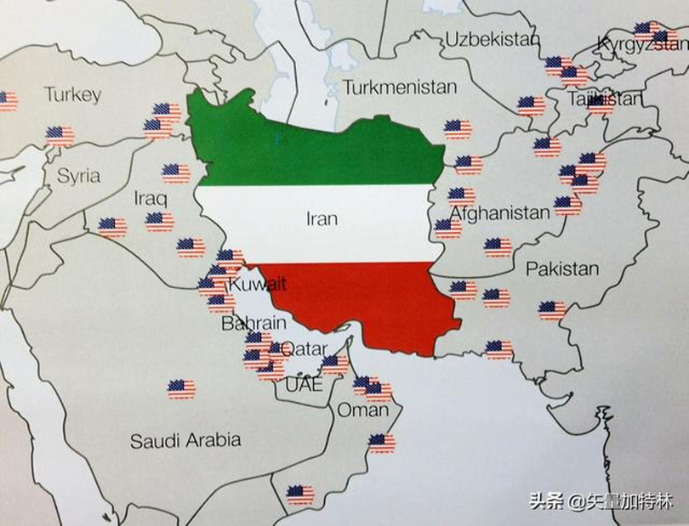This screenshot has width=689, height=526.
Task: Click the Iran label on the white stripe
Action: [322, 219]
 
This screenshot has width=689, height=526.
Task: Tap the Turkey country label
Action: [73, 94]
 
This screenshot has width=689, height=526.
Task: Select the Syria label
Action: [78, 177]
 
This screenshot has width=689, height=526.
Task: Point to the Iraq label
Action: [151, 198]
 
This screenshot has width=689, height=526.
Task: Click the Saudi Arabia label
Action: [185, 440]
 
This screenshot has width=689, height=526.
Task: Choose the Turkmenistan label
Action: [400, 87]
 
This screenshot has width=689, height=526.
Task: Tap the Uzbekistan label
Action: [493, 40]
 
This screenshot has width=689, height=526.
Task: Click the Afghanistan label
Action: [499, 212]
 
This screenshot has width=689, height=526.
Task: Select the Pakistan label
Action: [561, 269]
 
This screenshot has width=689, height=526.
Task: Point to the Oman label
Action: [362, 410]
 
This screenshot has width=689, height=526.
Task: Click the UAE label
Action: [304, 385]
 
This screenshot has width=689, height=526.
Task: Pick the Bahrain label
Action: [253, 324]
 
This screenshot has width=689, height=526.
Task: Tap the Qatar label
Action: [304, 348]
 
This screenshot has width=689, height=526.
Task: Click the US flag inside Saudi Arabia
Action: [181, 389]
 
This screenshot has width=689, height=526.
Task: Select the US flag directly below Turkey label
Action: [59, 135]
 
